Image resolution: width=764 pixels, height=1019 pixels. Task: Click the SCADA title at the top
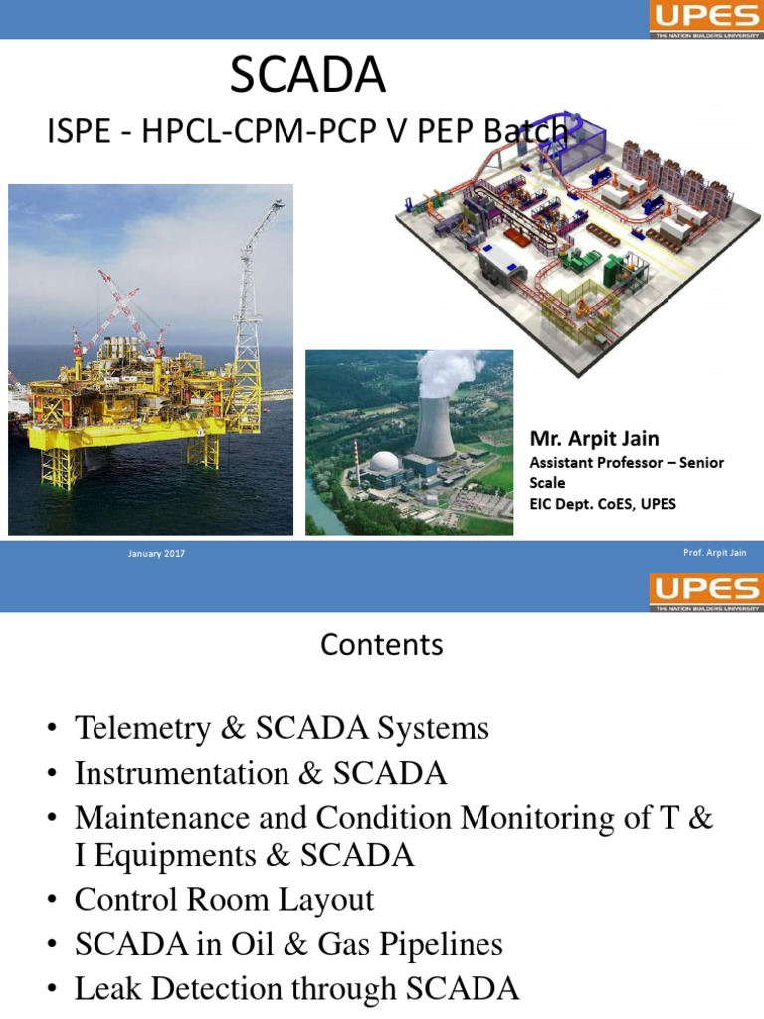(307, 77)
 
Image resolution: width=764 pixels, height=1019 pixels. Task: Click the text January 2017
(157, 554)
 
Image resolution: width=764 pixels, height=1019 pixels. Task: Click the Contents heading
(382, 645)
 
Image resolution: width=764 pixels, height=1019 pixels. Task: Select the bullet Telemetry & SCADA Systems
(282, 728)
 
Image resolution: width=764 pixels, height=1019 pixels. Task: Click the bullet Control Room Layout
(224, 900)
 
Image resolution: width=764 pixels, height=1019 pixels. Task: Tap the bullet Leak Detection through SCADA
(296, 988)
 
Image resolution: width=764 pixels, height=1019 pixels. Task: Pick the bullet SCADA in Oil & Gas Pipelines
(288, 944)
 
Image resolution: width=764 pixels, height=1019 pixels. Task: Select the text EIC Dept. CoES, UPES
(603, 504)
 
